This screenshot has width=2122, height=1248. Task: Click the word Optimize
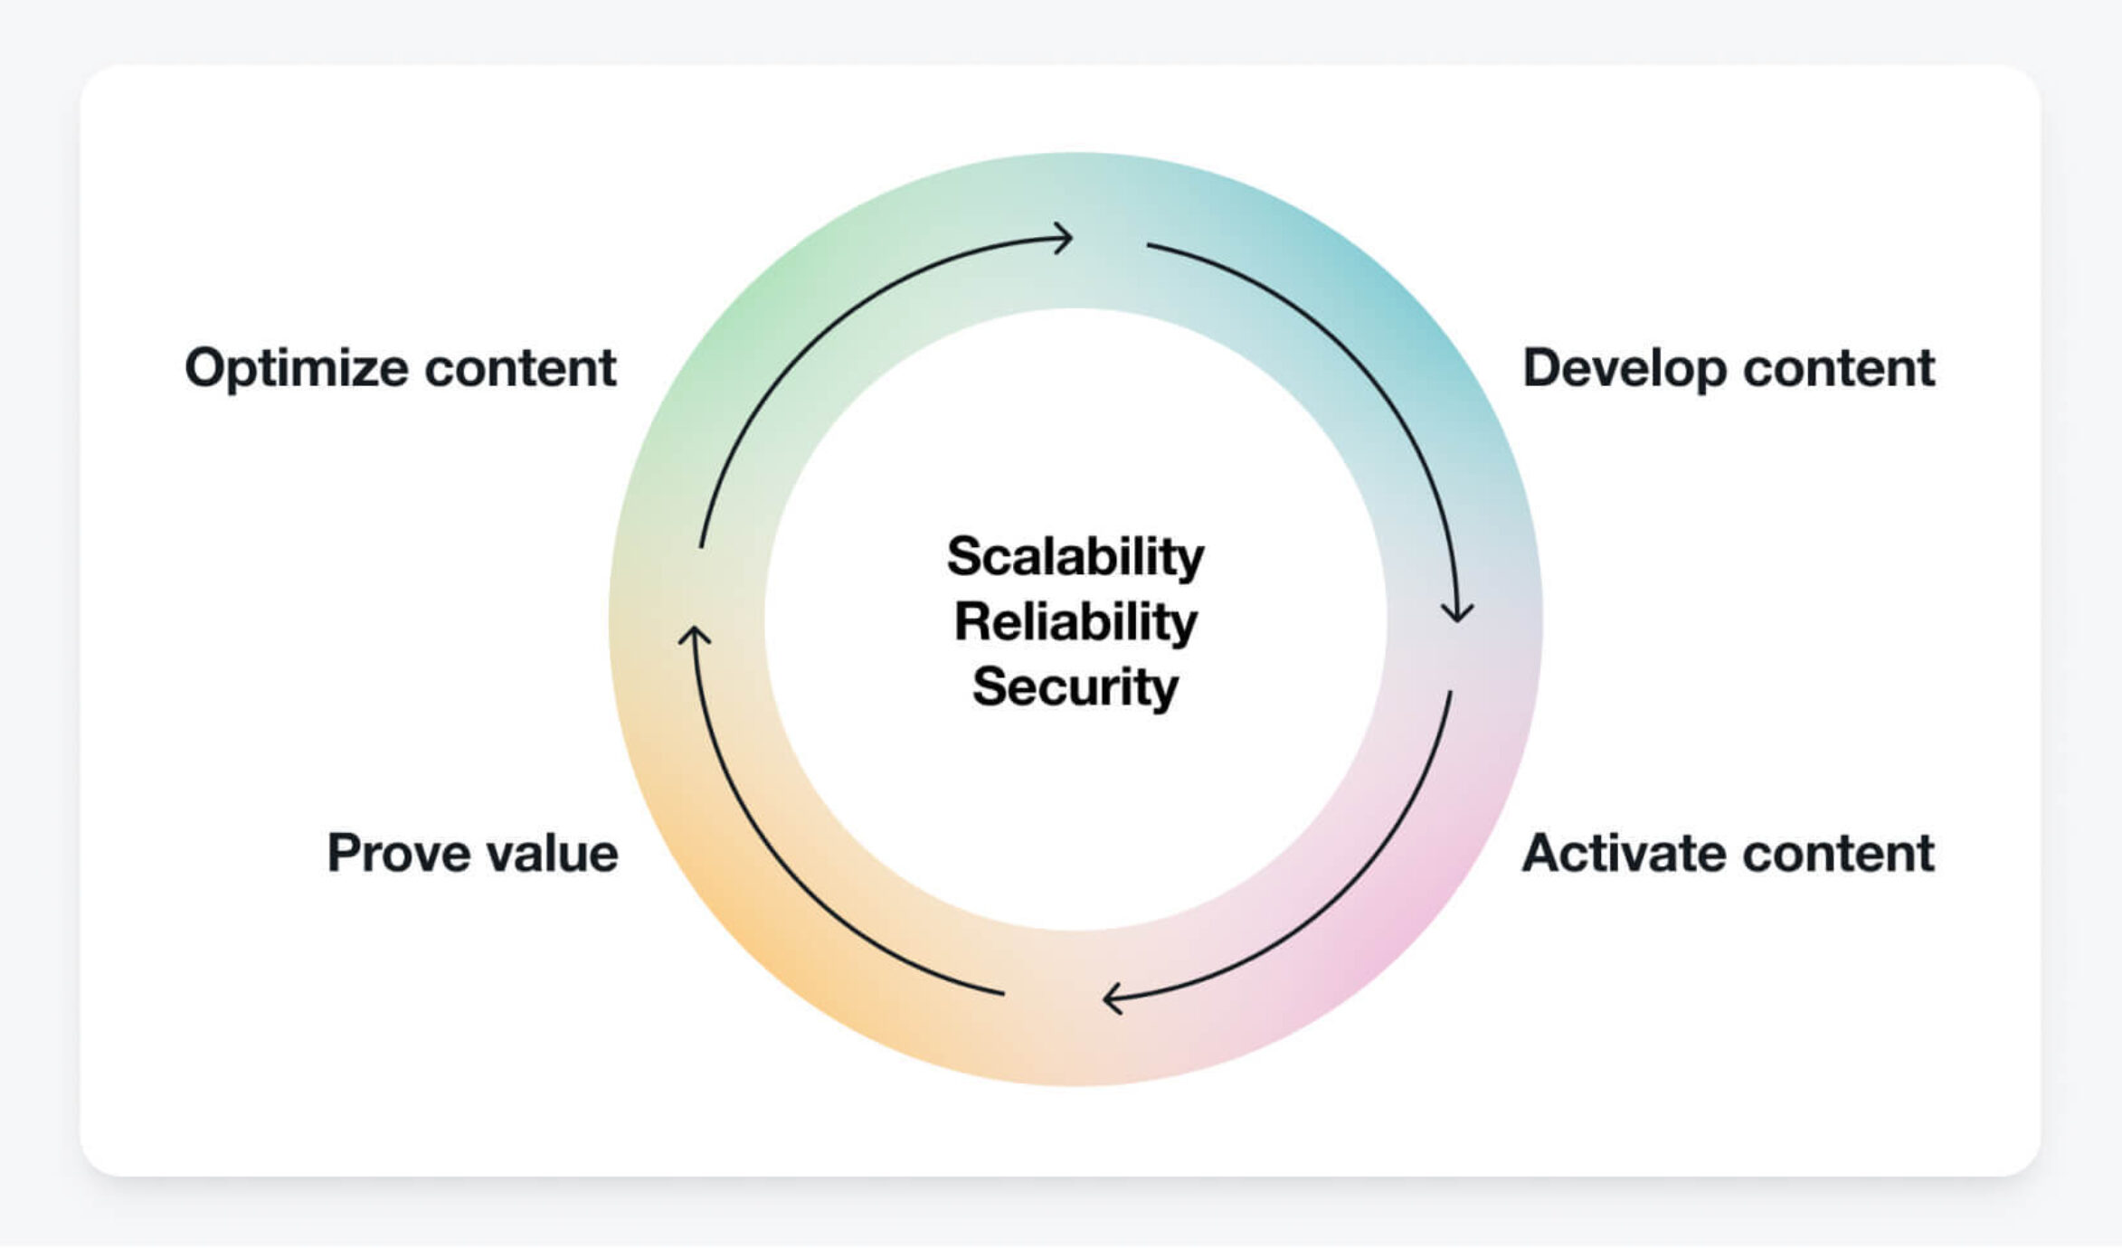(x=297, y=369)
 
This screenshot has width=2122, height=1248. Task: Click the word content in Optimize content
(x=520, y=368)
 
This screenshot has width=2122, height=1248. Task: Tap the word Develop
(x=1624, y=369)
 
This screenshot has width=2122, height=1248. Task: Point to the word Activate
(x=1624, y=853)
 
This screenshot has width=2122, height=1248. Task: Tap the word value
(x=552, y=853)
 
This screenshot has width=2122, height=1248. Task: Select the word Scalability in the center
(x=1075, y=556)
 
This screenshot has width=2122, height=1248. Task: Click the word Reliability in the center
(x=1075, y=622)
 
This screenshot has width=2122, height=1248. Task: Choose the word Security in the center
(x=1075, y=687)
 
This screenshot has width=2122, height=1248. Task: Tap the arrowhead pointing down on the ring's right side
(x=1457, y=615)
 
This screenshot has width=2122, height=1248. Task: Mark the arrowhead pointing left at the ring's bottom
(x=1111, y=999)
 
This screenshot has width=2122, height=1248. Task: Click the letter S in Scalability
(x=964, y=556)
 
